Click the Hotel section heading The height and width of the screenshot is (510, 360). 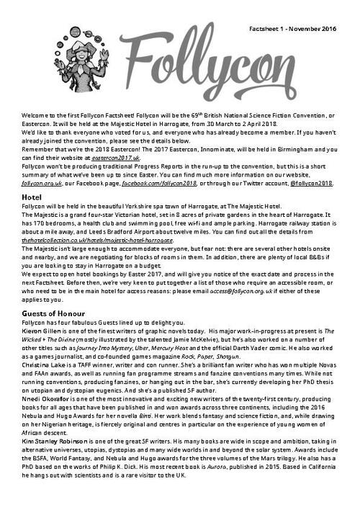[x=32, y=196]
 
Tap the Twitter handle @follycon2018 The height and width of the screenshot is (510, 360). [x=311, y=183]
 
